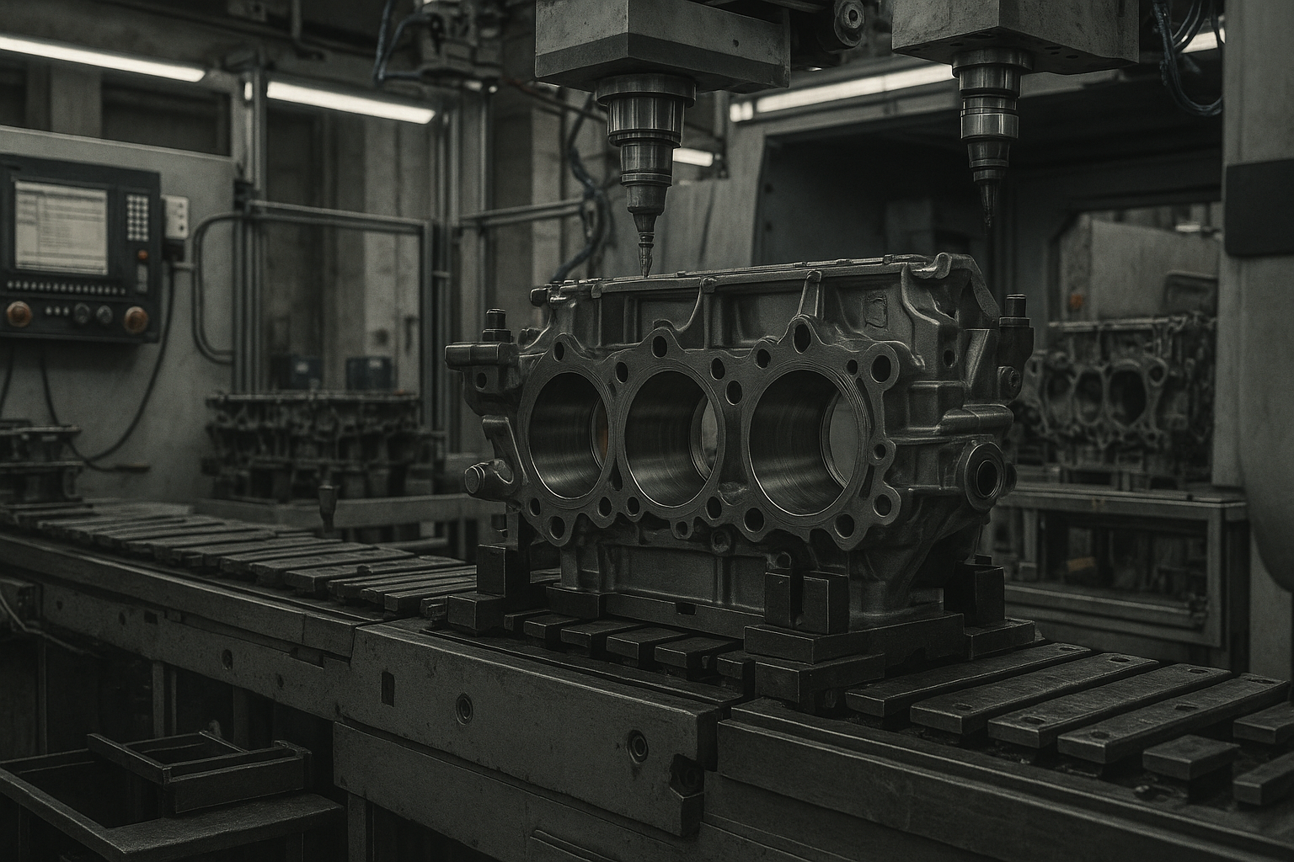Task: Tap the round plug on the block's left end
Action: pyautogui.click(x=477, y=479)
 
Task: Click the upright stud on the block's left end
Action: pyautogui.click(x=495, y=324)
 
